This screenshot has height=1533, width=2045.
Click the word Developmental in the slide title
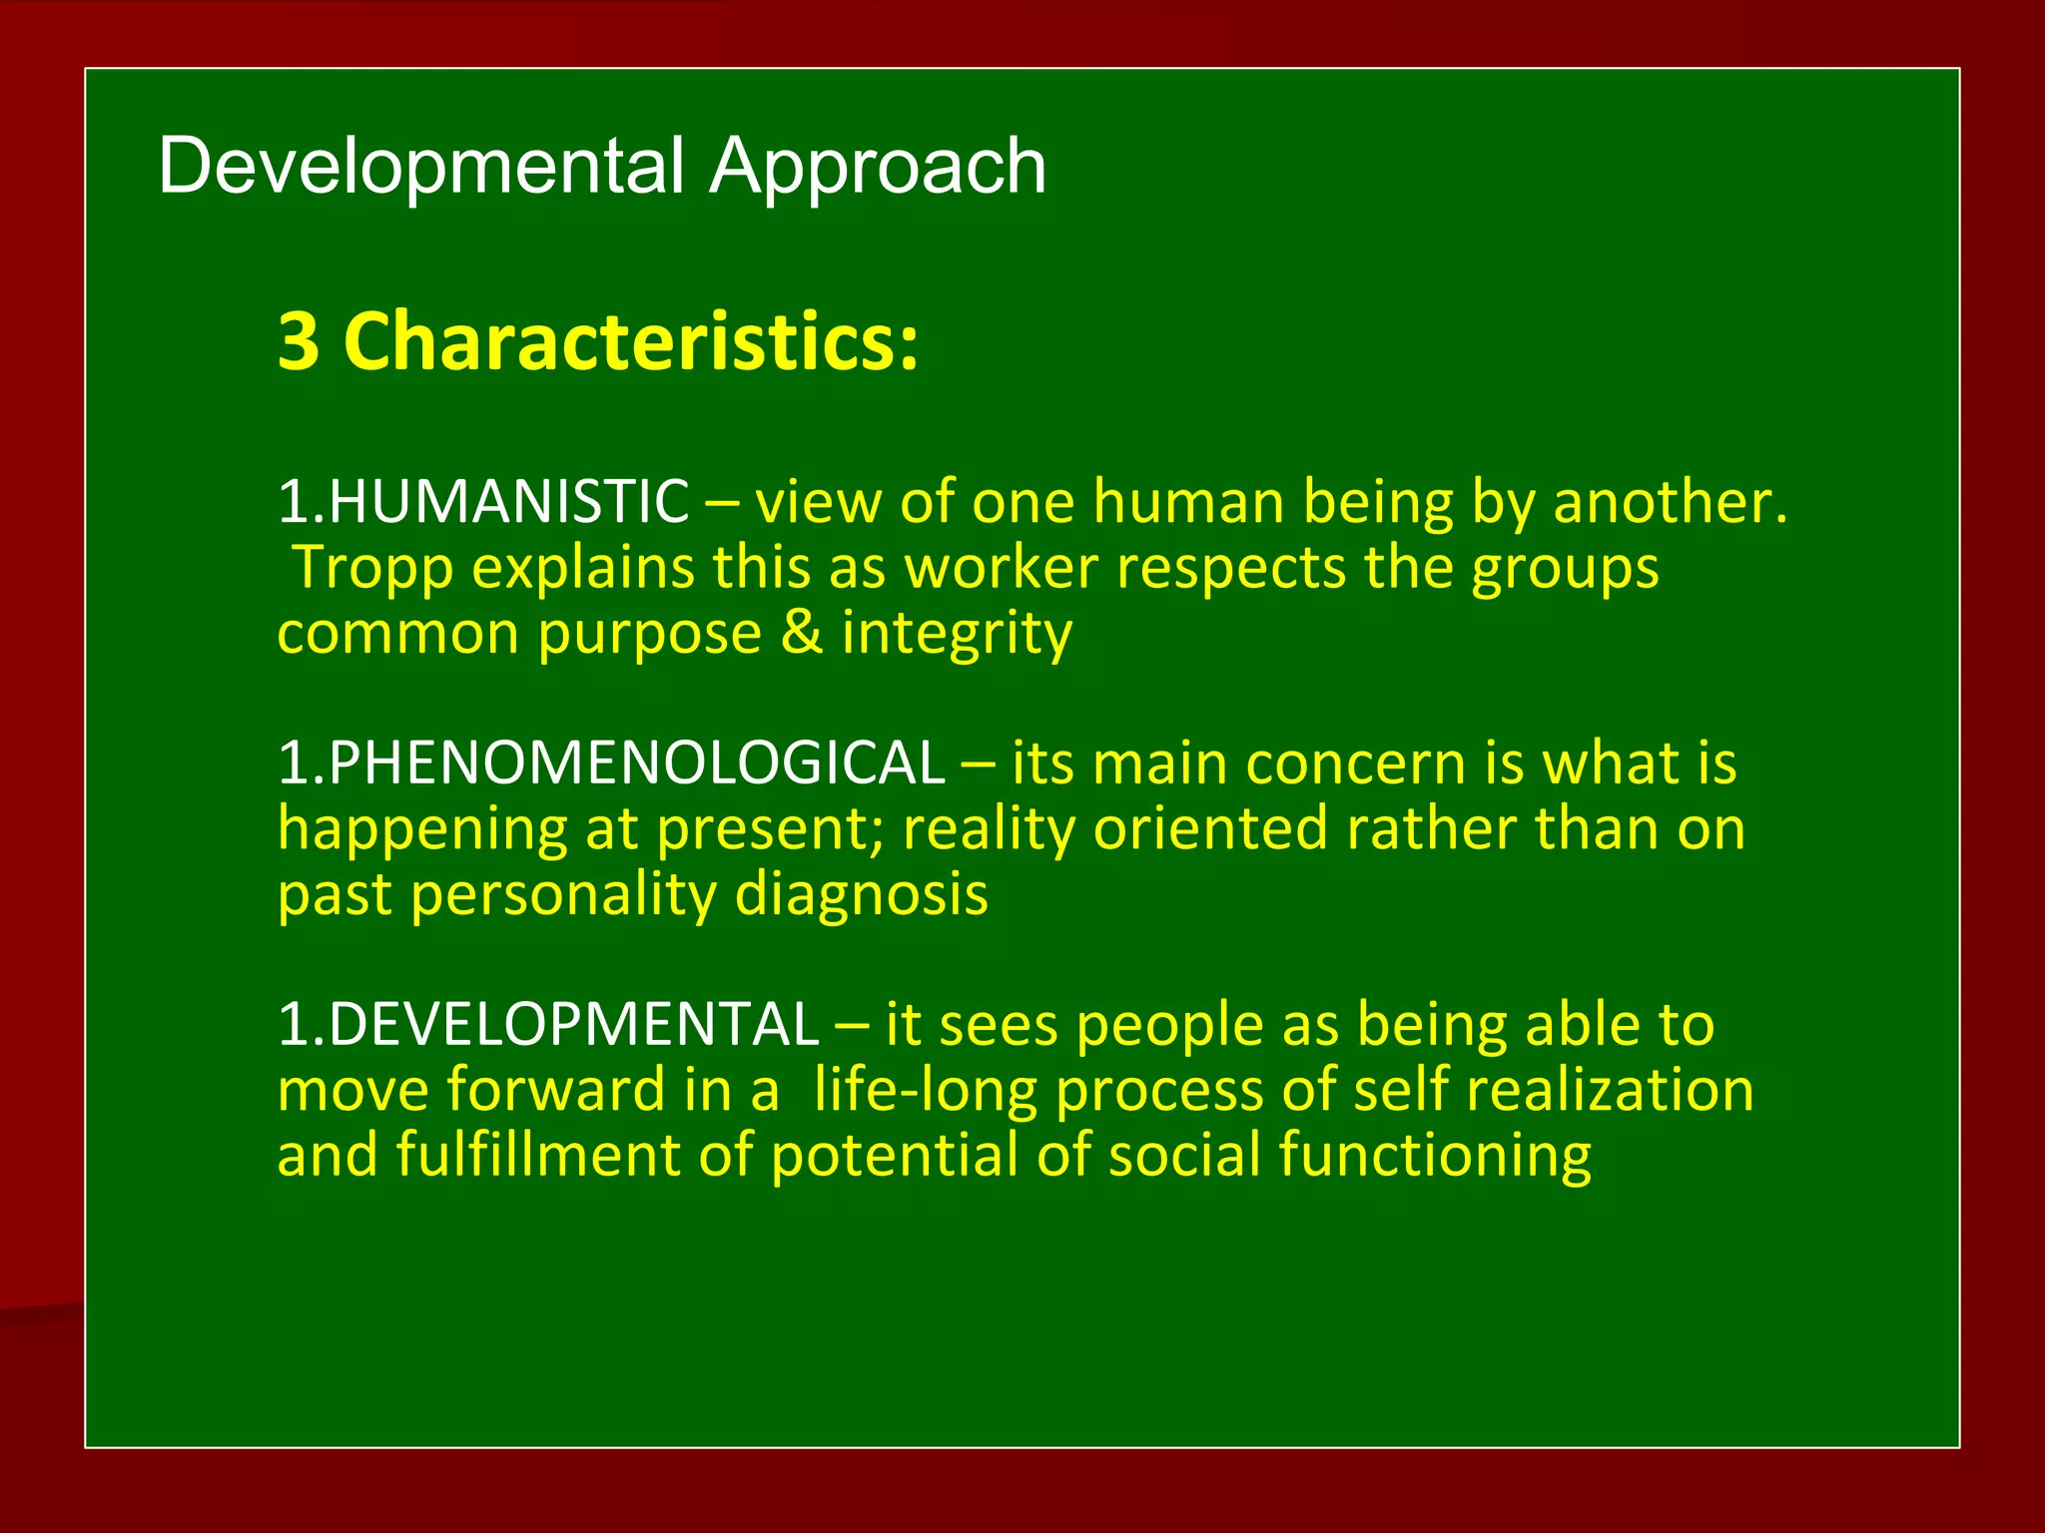419,166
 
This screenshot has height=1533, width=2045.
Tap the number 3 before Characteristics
299,341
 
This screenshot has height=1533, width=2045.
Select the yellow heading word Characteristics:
630,341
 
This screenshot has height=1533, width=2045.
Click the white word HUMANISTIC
507,501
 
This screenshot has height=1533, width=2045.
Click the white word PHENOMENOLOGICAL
635,764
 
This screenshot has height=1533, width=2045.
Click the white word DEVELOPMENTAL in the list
572,1025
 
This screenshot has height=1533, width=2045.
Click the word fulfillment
537,1156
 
